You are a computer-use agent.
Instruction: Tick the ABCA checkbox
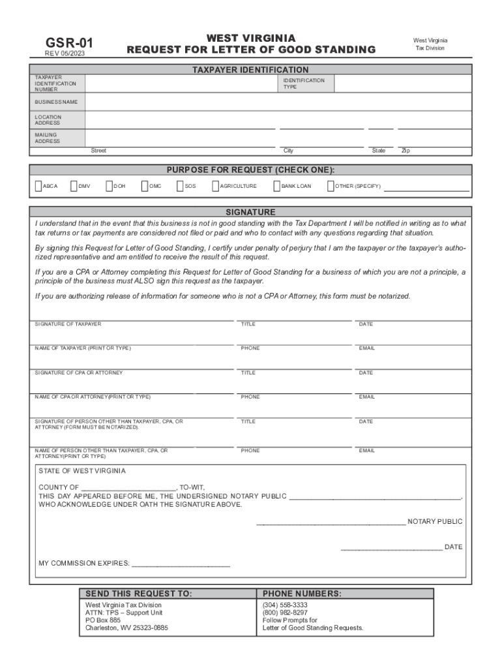38,187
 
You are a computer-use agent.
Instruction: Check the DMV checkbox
74,187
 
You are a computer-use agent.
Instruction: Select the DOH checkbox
109,187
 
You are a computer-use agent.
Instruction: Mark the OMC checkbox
145,187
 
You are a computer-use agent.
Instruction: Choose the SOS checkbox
180,187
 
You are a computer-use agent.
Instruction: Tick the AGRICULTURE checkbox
215,187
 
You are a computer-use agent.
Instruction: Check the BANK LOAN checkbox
276,187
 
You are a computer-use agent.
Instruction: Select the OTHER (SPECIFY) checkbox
331,187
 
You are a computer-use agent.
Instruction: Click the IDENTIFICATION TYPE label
303,83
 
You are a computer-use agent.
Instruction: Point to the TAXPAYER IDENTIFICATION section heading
250,70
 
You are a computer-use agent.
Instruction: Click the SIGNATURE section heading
250,212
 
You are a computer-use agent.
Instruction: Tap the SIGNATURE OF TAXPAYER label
68,324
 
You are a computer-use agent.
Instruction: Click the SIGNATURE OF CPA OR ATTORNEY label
78,373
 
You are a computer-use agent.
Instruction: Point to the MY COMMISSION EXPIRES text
84,563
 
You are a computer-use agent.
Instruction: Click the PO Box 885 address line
103,620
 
